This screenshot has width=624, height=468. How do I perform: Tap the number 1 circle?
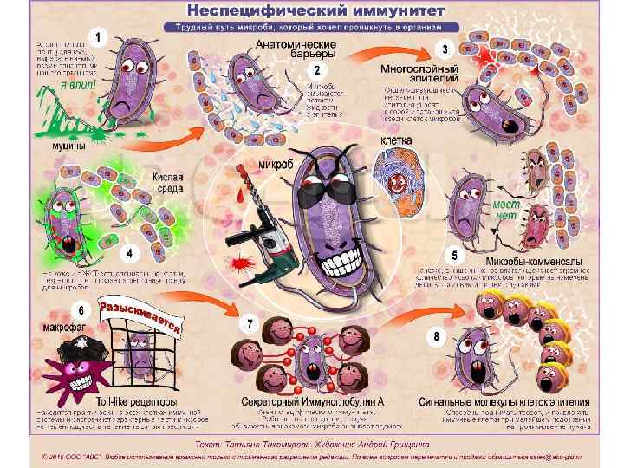(x=101, y=37)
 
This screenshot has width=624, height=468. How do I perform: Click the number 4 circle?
(x=130, y=254)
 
